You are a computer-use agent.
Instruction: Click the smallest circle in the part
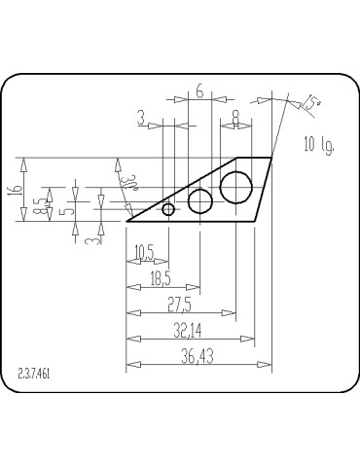[168, 209]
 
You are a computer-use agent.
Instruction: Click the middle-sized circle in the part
[200, 201]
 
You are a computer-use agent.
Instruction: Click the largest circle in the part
[236, 185]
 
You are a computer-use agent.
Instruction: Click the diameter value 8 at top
[236, 117]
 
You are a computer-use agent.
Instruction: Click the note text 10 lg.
[319, 145]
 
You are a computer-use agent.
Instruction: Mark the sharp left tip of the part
[127, 221]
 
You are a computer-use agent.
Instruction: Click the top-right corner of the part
[271, 157]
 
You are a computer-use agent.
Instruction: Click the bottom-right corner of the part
[254, 221]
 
